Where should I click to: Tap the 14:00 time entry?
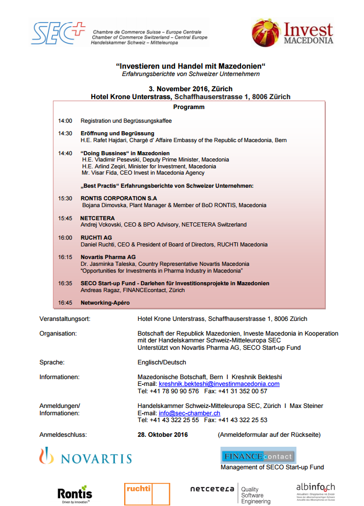click(65, 121)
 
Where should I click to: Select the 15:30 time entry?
click(65, 198)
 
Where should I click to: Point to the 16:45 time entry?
click(65, 303)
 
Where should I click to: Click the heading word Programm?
click(189, 107)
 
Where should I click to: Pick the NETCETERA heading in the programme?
click(97, 218)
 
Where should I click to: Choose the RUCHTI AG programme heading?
click(96, 238)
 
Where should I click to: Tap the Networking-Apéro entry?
click(105, 303)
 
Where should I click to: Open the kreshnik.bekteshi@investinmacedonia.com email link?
click(219, 384)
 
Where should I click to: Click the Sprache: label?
click(52, 362)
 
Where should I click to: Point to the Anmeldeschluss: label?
click(63, 435)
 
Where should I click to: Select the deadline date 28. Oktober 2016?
click(162, 435)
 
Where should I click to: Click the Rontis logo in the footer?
click(74, 493)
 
